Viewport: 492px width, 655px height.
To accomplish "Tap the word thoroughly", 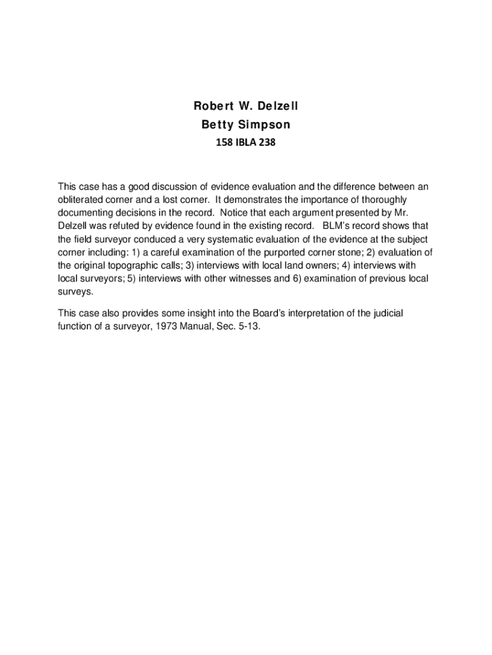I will point(383,200).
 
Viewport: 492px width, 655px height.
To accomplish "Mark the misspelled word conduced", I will point(150,239).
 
